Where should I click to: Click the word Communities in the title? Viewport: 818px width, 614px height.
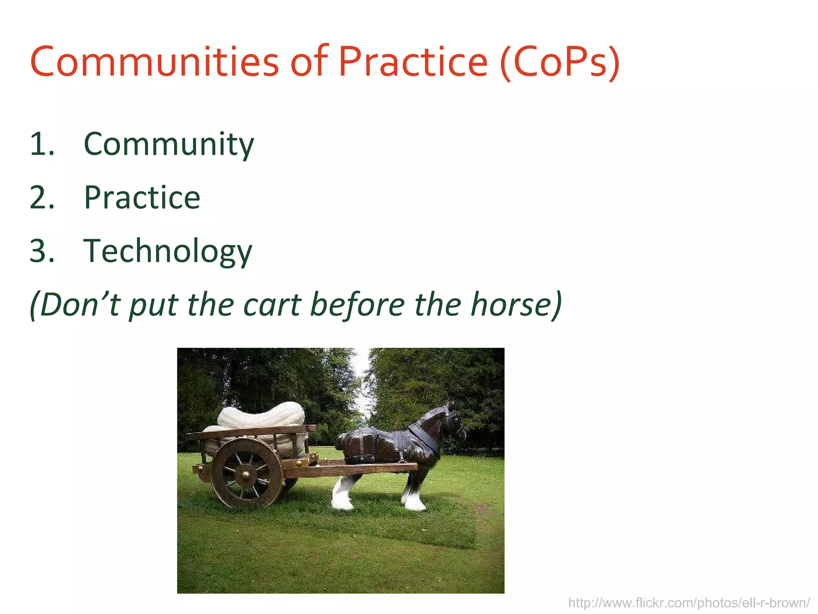(x=154, y=62)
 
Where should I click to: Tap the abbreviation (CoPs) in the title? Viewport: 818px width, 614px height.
(x=559, y=62)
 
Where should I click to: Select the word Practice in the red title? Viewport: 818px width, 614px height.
(x=413, y=62)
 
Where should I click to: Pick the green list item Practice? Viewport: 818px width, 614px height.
(x=142, y=198)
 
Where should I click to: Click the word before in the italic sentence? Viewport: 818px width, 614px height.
(x=357, y=305)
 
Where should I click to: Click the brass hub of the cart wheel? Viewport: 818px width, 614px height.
(x=246, y=474)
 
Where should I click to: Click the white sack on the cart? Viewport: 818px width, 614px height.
(x=262, y=416)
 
